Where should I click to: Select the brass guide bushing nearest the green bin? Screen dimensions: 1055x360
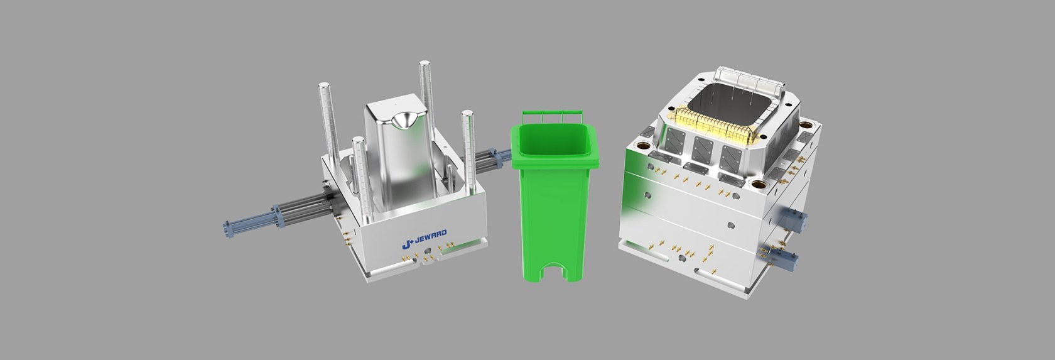pyautogui.click(x=643, y=143)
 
